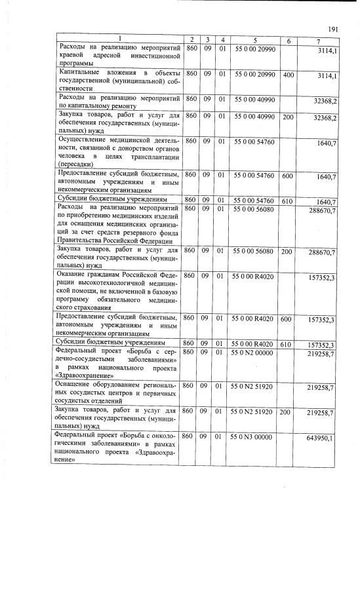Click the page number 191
click(x=332, y=29)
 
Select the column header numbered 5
click(x=253, y=41)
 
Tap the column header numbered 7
click(x=317, y=41)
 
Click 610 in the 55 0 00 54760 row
click(x=288, y=201)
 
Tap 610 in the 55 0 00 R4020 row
click(x=288, y=343)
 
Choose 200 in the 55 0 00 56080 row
click(x=288, y=250)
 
